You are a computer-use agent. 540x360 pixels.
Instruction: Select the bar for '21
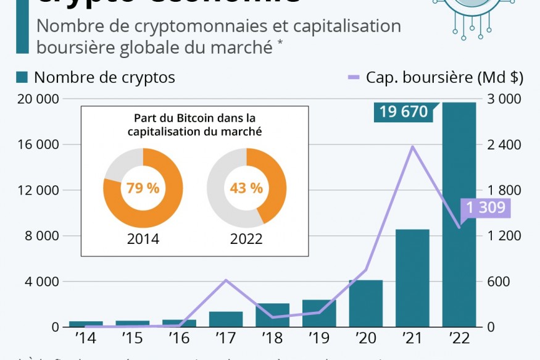pyautogui.click(x=412, y=278)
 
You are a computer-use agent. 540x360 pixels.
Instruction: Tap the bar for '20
pyautogui.click(x=366, y=303)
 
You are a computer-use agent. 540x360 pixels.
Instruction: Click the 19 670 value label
pyautogui.click(x=404, y=112)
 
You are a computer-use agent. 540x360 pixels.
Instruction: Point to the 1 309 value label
pyautogui.click(x=486, y=208)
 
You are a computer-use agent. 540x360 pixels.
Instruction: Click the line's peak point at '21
pyautogui.click(x=413, y=146)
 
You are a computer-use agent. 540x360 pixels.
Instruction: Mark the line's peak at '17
pyautogui.click(x=226, y=280)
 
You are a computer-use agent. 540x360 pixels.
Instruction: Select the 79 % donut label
pyautogui.click(x=143, y=188)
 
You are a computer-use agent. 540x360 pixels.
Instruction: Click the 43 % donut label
pyautogui.click(x=246, y=188)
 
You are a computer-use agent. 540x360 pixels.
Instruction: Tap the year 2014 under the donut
pyautogui.click(x=143, y=239)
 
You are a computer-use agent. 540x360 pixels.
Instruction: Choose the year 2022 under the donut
pyautogui.click(x=246, y=239)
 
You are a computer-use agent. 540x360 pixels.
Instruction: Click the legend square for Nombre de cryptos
pyautogui.click(x=22, y=77)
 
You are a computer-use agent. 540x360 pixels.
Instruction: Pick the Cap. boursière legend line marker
pyautogui.click(x=353, y=77)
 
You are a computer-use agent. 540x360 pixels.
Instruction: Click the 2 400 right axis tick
pyautogui.click(x=504, y=144)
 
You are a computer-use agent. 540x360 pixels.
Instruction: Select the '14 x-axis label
pyautogui.click(x=86, y=339)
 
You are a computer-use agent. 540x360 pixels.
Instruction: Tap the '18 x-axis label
pyautogui.click(x=272, y=339)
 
